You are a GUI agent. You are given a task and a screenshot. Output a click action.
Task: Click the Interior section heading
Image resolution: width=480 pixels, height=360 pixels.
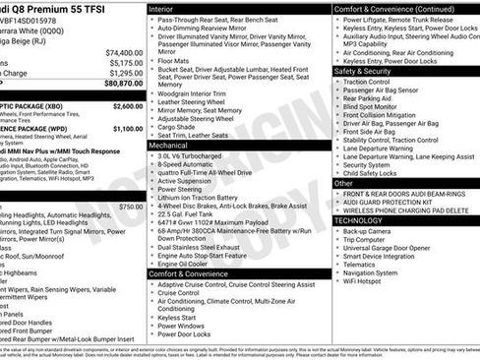point(162,8)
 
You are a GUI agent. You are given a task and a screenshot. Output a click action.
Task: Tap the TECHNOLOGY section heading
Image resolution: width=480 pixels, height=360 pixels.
point(364,220)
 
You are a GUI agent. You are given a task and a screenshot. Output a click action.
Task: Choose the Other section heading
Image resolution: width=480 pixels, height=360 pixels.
point(343,183)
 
